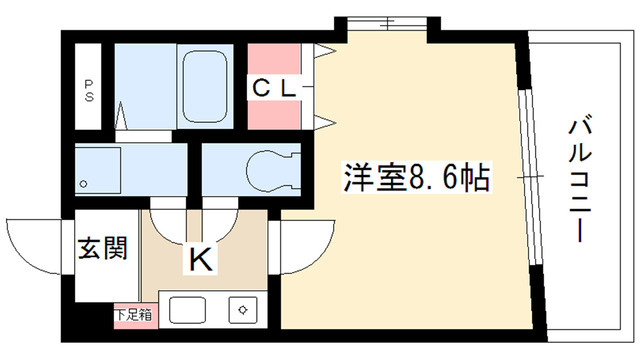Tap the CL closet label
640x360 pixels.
click(x=274, y=88)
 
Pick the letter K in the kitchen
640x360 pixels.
click(x=200, y=260)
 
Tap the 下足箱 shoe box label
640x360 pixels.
click(x=132, y=315)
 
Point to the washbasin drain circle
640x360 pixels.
click(x=85, y=183)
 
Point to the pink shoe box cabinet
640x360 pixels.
click(x=132, y=315)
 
